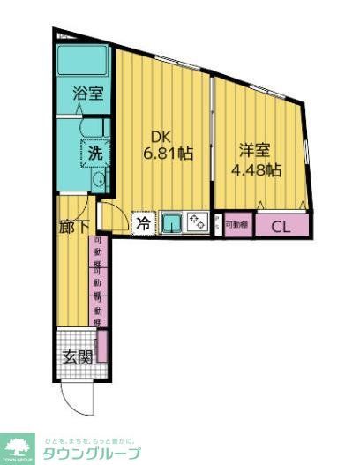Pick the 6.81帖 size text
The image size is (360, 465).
point(168,154)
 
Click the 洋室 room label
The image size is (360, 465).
point(254,151)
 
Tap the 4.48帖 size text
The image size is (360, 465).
point(256,169)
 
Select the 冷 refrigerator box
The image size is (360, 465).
point(142,223)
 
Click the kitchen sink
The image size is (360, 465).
point(172,223)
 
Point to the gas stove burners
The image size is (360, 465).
point(197,223)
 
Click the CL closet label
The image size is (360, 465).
point(281,226)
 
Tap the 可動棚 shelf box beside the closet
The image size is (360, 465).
point(236,225)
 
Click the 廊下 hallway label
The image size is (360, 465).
point(73,227)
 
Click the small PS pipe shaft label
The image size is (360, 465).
point(217,224)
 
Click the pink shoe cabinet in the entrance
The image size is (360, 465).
point(101,346)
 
